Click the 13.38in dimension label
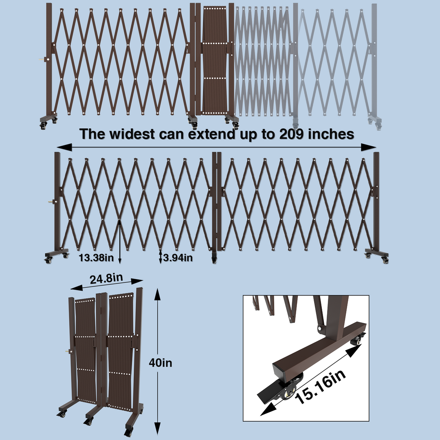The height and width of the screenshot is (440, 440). [96, 257]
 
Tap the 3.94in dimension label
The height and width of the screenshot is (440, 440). [178, 257]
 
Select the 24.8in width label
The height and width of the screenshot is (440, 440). [106, 279]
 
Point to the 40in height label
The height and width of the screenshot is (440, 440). [161, 363]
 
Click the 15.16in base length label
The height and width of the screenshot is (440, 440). [320, 387]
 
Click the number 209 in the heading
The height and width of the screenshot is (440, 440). [291, 134]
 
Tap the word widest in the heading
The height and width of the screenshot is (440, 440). [132, 134]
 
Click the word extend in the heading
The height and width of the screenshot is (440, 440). [211, 134]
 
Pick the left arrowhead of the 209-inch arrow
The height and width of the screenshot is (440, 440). [64, 147]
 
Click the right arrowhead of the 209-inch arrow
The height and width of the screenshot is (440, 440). [368, 147]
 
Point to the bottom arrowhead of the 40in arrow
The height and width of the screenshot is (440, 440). [157, 428]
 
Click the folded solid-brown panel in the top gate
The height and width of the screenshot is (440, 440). [215, 60]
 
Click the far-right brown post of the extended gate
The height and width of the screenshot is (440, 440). [376, 202]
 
